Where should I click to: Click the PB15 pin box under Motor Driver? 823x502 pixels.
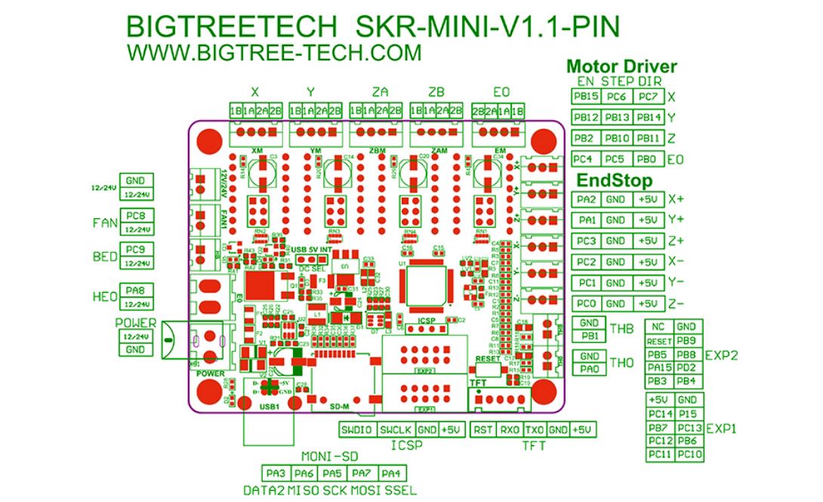586,97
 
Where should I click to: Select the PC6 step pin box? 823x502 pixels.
617,97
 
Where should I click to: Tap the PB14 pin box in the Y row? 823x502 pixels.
648,118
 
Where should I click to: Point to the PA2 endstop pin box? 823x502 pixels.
586,200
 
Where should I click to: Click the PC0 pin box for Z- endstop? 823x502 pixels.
586,303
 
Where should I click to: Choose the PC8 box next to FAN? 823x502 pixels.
137,214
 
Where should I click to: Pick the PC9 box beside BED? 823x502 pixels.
137,250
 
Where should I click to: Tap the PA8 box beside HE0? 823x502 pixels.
137,289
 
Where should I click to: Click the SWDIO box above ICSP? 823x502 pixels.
356,430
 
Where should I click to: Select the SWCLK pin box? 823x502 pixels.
395,430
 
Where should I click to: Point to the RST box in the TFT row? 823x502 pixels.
482,430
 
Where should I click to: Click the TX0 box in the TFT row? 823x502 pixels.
534,430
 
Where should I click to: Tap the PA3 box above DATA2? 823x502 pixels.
276,473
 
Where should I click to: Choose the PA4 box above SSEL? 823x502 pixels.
390,473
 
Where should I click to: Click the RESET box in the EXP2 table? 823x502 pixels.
659,341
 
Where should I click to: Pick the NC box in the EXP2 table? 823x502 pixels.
659,327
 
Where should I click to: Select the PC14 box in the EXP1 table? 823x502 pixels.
660,414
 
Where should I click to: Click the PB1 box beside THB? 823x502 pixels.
590,336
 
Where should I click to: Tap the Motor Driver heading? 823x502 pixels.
621,66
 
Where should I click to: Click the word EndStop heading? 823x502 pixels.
615,180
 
